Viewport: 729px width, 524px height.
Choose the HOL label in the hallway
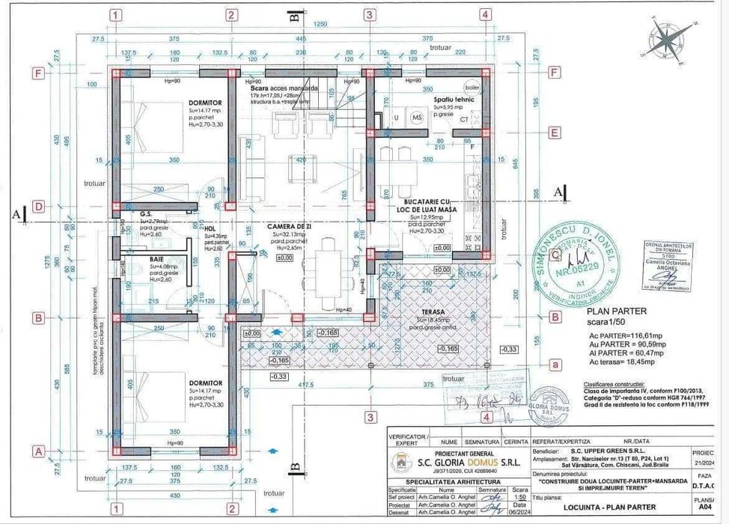[210, 229]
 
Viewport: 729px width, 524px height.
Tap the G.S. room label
[147, 213]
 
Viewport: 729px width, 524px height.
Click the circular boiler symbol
[472, 85]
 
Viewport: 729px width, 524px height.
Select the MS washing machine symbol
[416, 118]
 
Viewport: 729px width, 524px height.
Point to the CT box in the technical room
[464, 118]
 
